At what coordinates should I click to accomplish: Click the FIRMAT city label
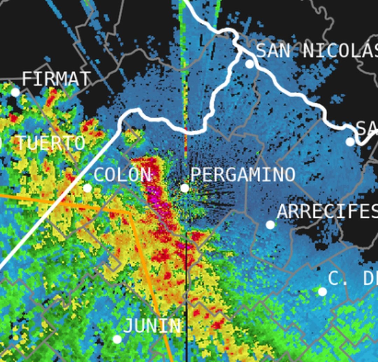56,79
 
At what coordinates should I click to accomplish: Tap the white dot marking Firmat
15,92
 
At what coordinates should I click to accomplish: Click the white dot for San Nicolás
250,64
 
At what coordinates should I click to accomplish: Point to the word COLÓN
122,175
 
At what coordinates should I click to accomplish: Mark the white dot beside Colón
87,188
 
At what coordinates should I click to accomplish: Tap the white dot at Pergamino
185,188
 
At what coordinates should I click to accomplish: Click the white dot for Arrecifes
270,225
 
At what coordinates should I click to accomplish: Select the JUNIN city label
152,326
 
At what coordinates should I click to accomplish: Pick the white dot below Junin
117,339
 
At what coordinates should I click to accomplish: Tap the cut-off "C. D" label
352,278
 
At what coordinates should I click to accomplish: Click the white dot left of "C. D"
322,291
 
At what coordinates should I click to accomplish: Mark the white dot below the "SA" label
350,142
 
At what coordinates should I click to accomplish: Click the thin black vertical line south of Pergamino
187,297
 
